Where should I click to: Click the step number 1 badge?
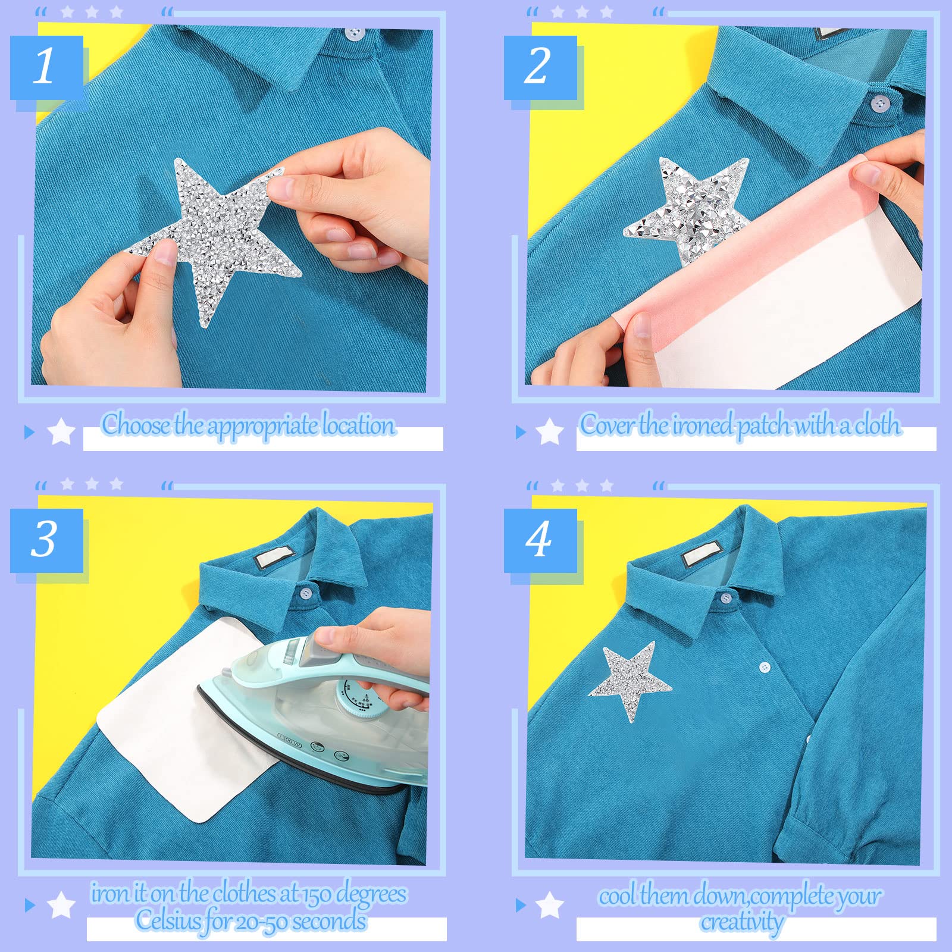coord(46,67)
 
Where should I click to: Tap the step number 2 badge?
coord(540,67)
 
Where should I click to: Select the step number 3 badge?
coord(46,540)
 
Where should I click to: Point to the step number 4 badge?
coord(540,540)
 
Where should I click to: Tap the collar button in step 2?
coord(880,104)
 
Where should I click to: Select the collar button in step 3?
coord(305,593)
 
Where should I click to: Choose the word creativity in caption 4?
coord(741,922)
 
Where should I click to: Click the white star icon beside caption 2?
coord(550,431)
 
